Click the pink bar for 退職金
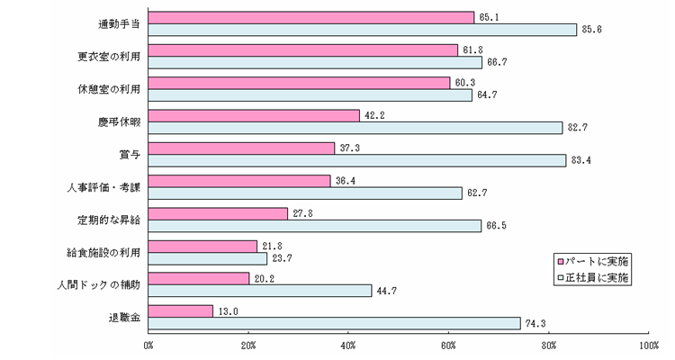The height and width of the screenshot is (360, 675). coord(180,311)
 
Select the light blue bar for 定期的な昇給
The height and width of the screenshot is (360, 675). coord(314,226)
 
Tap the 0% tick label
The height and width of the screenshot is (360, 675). coord(148,344)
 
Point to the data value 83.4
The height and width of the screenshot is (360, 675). coord(579,160)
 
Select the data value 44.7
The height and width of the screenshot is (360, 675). coord(384,291)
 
